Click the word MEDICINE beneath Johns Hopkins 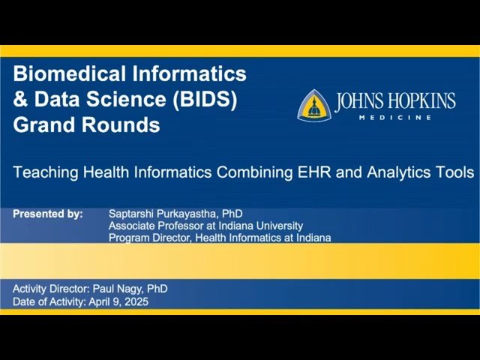[405, 118]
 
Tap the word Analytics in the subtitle [398, 172]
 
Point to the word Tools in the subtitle [454, 172]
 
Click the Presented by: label [48, 214]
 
